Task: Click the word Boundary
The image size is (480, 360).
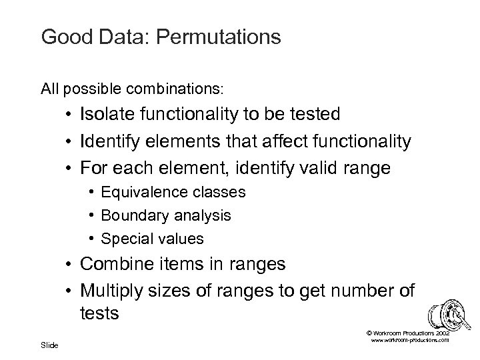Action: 132,215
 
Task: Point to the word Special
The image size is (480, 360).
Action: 125,238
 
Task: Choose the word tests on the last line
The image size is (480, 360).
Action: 99,313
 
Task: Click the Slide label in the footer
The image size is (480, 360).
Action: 49,345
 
